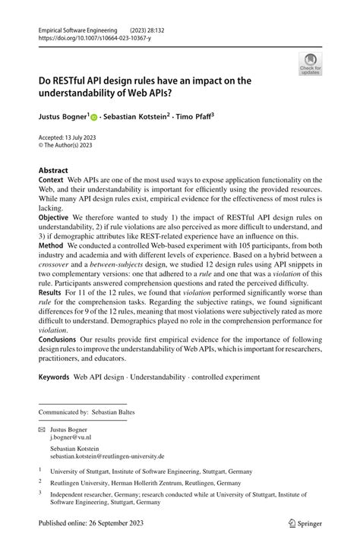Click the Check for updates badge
(310, 64)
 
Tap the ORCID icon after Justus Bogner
(95, 118)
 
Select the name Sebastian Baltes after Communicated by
(118, 412)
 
